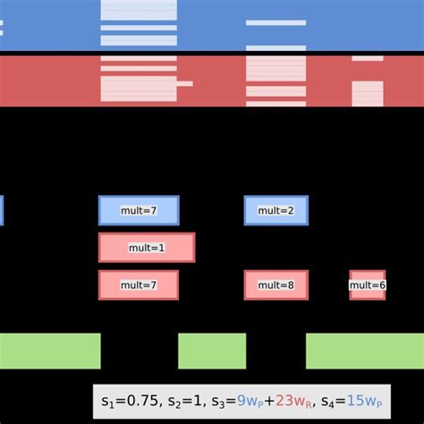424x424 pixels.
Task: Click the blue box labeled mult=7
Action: [139, 210]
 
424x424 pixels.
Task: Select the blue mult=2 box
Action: [276, 210]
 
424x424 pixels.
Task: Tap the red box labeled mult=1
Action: [146, 247]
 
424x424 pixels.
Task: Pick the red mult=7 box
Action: [139, 284]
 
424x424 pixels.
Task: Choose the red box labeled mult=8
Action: [276, 284]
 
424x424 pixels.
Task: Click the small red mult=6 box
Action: [367, 284]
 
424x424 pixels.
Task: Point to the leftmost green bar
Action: [49, 351]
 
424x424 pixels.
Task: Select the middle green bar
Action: [211, 351]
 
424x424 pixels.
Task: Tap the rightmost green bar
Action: [364, 351]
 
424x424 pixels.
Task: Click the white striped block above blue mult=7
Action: [139, 24]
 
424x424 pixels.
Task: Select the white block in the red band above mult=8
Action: [276, 81]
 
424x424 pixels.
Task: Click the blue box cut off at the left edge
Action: [1, 210]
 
